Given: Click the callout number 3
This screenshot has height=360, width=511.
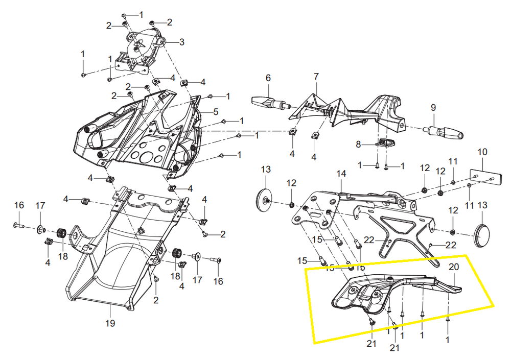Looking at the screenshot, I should coord(182,41).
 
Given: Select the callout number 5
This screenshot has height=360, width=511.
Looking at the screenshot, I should coord(216,112).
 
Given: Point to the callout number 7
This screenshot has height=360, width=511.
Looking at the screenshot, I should coord(316,77).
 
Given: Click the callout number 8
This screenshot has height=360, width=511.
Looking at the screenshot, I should coord(358,145).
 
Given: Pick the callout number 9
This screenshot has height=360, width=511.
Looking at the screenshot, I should coord(433,108).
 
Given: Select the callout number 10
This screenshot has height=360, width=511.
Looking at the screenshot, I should coord(482,152).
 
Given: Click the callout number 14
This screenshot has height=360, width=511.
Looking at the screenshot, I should coord(341,174).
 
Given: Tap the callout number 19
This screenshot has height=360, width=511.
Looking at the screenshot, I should coord(110,323).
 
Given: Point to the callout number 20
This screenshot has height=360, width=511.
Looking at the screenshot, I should coord(454,267).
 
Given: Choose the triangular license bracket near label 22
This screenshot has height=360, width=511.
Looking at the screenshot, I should coord(404,232).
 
